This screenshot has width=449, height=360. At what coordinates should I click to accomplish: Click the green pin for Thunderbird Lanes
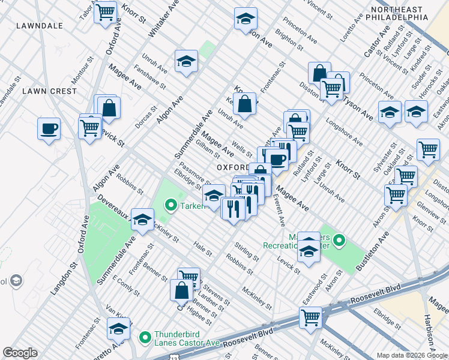pyautogui.click(x=145, y=337)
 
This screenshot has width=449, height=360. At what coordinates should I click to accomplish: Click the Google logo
pyautogui.click(x=20, y=353)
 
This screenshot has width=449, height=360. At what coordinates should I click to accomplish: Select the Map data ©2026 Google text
pyautogui.click(x=412, y=355)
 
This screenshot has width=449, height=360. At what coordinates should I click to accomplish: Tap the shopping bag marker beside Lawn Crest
pyautogui.click(x=109, y=108)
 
